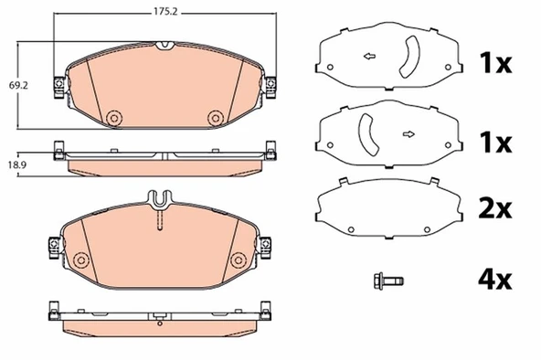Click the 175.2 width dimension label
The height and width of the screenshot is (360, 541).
pyautogui.click(x=165, y=12)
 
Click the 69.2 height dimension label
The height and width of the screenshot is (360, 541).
pyautogui.click(x=18, y=86)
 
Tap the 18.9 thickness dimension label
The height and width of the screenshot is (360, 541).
pyautogui.click(x=17, y=164)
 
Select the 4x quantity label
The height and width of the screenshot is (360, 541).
pyautogui.click(x=494, y=280)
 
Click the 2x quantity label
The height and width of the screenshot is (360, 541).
pyautogui.click(x=494, y=208)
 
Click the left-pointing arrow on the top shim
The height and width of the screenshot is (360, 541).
pyautogui.click(x=370, y=57)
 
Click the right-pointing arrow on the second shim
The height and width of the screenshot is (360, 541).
pyautogui.click(x=408, y=134)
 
